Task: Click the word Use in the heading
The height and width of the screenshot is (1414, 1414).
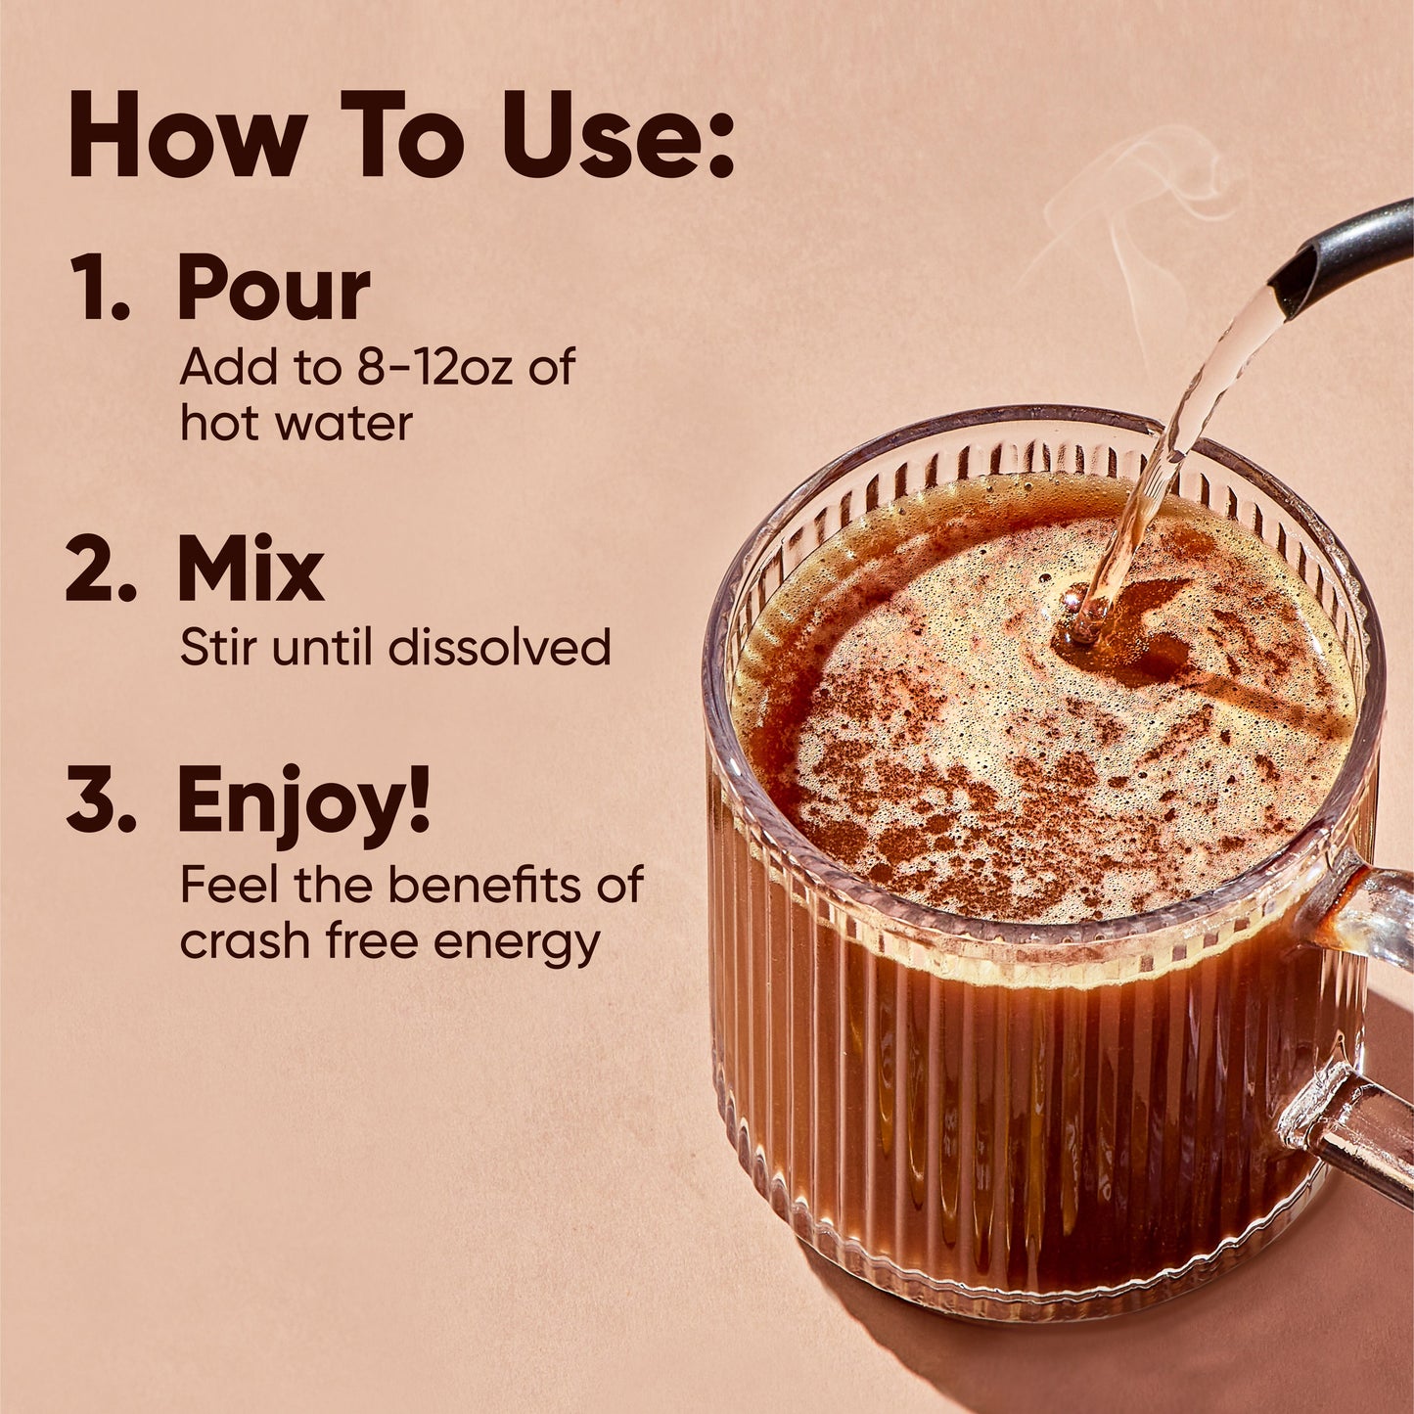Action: [597, 136]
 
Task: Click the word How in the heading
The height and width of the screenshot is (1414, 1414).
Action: [186, 136]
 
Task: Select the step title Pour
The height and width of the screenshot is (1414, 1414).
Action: [273, 289]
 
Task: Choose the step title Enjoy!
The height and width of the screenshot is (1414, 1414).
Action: [303, 802]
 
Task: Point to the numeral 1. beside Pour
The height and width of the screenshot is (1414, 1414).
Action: [101, 289]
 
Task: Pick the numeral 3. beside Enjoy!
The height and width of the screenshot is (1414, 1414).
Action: [101, 802]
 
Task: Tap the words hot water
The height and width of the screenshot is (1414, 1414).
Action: [296, 423]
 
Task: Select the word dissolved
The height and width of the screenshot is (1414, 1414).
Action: [499, 648]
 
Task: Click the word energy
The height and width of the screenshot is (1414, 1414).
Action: [517, 942]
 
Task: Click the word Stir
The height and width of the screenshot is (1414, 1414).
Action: [219, 648]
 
